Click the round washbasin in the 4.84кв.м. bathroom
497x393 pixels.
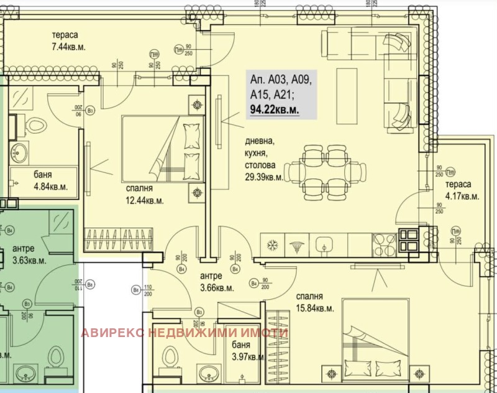coord(17,150)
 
